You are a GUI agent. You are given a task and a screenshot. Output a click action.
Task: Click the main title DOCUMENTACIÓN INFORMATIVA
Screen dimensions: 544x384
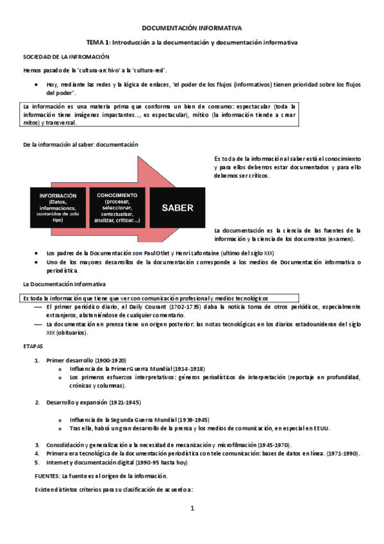click(192, 28)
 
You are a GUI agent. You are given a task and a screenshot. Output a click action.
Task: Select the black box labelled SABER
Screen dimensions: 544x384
click(177, 208)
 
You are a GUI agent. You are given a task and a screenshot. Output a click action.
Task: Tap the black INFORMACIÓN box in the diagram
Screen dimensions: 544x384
click(58, 208)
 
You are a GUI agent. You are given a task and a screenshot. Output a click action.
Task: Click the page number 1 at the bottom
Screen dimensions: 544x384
click(192, 509)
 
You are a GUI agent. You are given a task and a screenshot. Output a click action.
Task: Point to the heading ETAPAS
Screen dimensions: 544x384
click(33, 345)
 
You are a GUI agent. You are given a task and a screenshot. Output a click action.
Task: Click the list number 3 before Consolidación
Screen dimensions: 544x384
click(37, 445)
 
